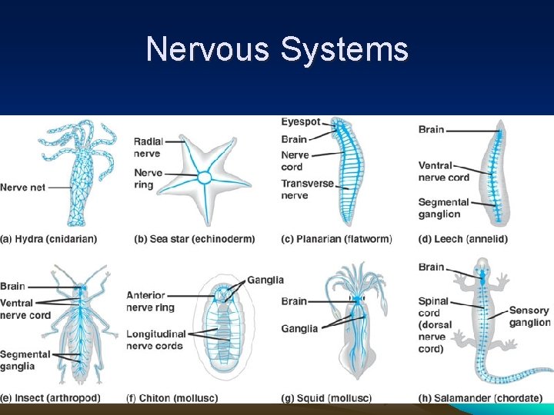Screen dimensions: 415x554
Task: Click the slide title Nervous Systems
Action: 277,50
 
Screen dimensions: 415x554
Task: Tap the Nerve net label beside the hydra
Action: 23,188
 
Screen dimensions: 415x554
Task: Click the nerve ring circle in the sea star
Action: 205,178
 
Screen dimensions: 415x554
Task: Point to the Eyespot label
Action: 300,122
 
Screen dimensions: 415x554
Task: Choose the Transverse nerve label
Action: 306,190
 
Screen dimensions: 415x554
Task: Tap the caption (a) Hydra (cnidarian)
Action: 48,239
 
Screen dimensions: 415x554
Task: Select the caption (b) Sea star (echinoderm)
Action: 194,239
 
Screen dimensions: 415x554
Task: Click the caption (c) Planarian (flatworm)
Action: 336,239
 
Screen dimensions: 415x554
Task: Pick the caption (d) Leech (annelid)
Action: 463,239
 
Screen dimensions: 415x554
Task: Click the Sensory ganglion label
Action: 529,317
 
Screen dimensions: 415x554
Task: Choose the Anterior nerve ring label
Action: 150,301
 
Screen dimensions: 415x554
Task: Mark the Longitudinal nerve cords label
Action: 156,340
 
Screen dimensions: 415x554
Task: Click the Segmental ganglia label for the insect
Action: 25,360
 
